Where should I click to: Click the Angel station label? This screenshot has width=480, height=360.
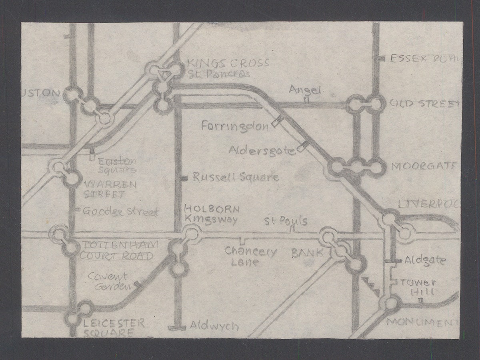(x=310, y=90)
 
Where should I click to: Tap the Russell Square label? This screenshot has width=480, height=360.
(x=236, y=177)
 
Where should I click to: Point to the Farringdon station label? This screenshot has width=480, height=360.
(x=235, y=126)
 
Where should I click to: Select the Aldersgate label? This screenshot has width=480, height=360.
(x=262, y=150)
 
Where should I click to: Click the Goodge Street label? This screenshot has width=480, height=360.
(x=121, y=212)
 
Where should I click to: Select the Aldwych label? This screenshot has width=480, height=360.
(x=214, y=326)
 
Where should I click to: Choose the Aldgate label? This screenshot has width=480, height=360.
(x=425, y=260)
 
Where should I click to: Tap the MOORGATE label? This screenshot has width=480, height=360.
(x=423, y=166)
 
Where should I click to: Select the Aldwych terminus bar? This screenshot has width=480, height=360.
(x=177, y=328)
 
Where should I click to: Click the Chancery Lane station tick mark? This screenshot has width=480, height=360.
(x=241, y=240)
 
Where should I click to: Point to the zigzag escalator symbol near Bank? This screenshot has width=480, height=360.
(x=371, y=285)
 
